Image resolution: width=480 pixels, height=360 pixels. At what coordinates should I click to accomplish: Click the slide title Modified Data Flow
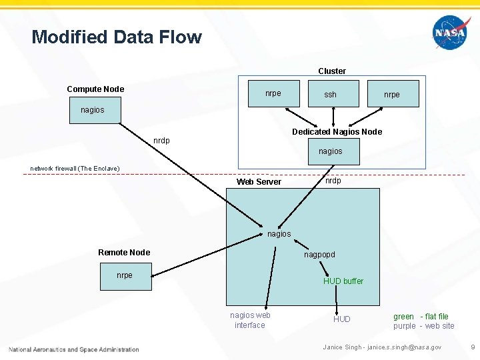pyautogui.click(x=117, y=37)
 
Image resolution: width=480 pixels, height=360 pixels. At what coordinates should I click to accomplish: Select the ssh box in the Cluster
pyautogui.click(x=330, y=95)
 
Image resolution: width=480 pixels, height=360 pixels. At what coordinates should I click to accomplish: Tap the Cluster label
pyautogui.click(x=331, y=71)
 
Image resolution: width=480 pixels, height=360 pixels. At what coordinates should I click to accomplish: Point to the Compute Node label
pyautogui.click(x=95, y=89)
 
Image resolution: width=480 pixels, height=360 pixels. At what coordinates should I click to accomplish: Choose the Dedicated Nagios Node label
pyautogui.click(x=337, y=132)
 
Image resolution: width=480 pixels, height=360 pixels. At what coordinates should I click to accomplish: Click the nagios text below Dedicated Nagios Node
pyautogui.click(x=330, y=151)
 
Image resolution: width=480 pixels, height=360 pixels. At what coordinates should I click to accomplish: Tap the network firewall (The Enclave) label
pyautogui.click(x=75, y=169)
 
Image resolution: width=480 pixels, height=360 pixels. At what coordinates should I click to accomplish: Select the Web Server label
pyautogui.click(x=259, y=182)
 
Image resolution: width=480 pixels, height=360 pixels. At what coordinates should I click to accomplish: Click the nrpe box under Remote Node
pyautogui.click(x=125, y=276)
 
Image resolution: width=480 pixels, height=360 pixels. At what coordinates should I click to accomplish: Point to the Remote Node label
pyautogui.click(x=124, y=253)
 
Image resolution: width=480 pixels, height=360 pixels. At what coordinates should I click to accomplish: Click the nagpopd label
pyautogui.click(x=319, y=255)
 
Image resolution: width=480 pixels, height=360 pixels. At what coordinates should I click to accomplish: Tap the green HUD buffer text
pyautogui.click(x=343, y=281)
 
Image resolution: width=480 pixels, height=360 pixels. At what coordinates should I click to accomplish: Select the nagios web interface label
pyautogui.click(x=250, y=320)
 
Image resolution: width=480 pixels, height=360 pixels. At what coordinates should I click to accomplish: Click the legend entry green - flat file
pyautogui.click(x=421, y=317)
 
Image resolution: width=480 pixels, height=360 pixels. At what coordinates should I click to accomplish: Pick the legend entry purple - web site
pyautogui.click(x=423, y=326)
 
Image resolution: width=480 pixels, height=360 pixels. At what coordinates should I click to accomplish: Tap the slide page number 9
pyautogui.click(x=472, y=347)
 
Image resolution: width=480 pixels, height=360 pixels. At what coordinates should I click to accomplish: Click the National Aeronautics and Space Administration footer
pyautogui.click(x=74, y=349)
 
